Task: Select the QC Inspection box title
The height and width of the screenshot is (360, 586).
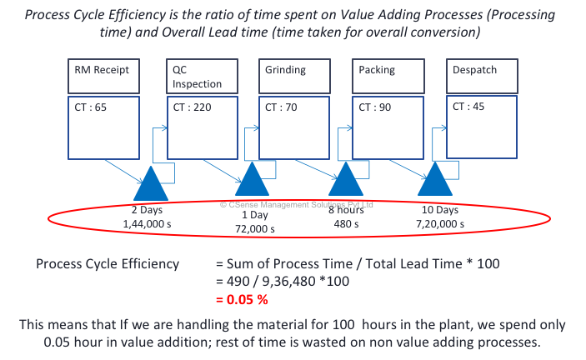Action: coord(197,77)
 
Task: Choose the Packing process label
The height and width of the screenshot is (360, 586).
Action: coord(377,71)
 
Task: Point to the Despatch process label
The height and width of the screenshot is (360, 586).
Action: coord(474,71)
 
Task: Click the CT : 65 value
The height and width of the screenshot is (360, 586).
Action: coord(88,107)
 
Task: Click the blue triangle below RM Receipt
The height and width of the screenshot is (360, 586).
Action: coord(150,181)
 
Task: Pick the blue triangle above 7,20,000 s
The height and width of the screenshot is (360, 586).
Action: coord(435,182)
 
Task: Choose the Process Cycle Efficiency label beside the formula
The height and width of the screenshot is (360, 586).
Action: coord(107,264)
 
